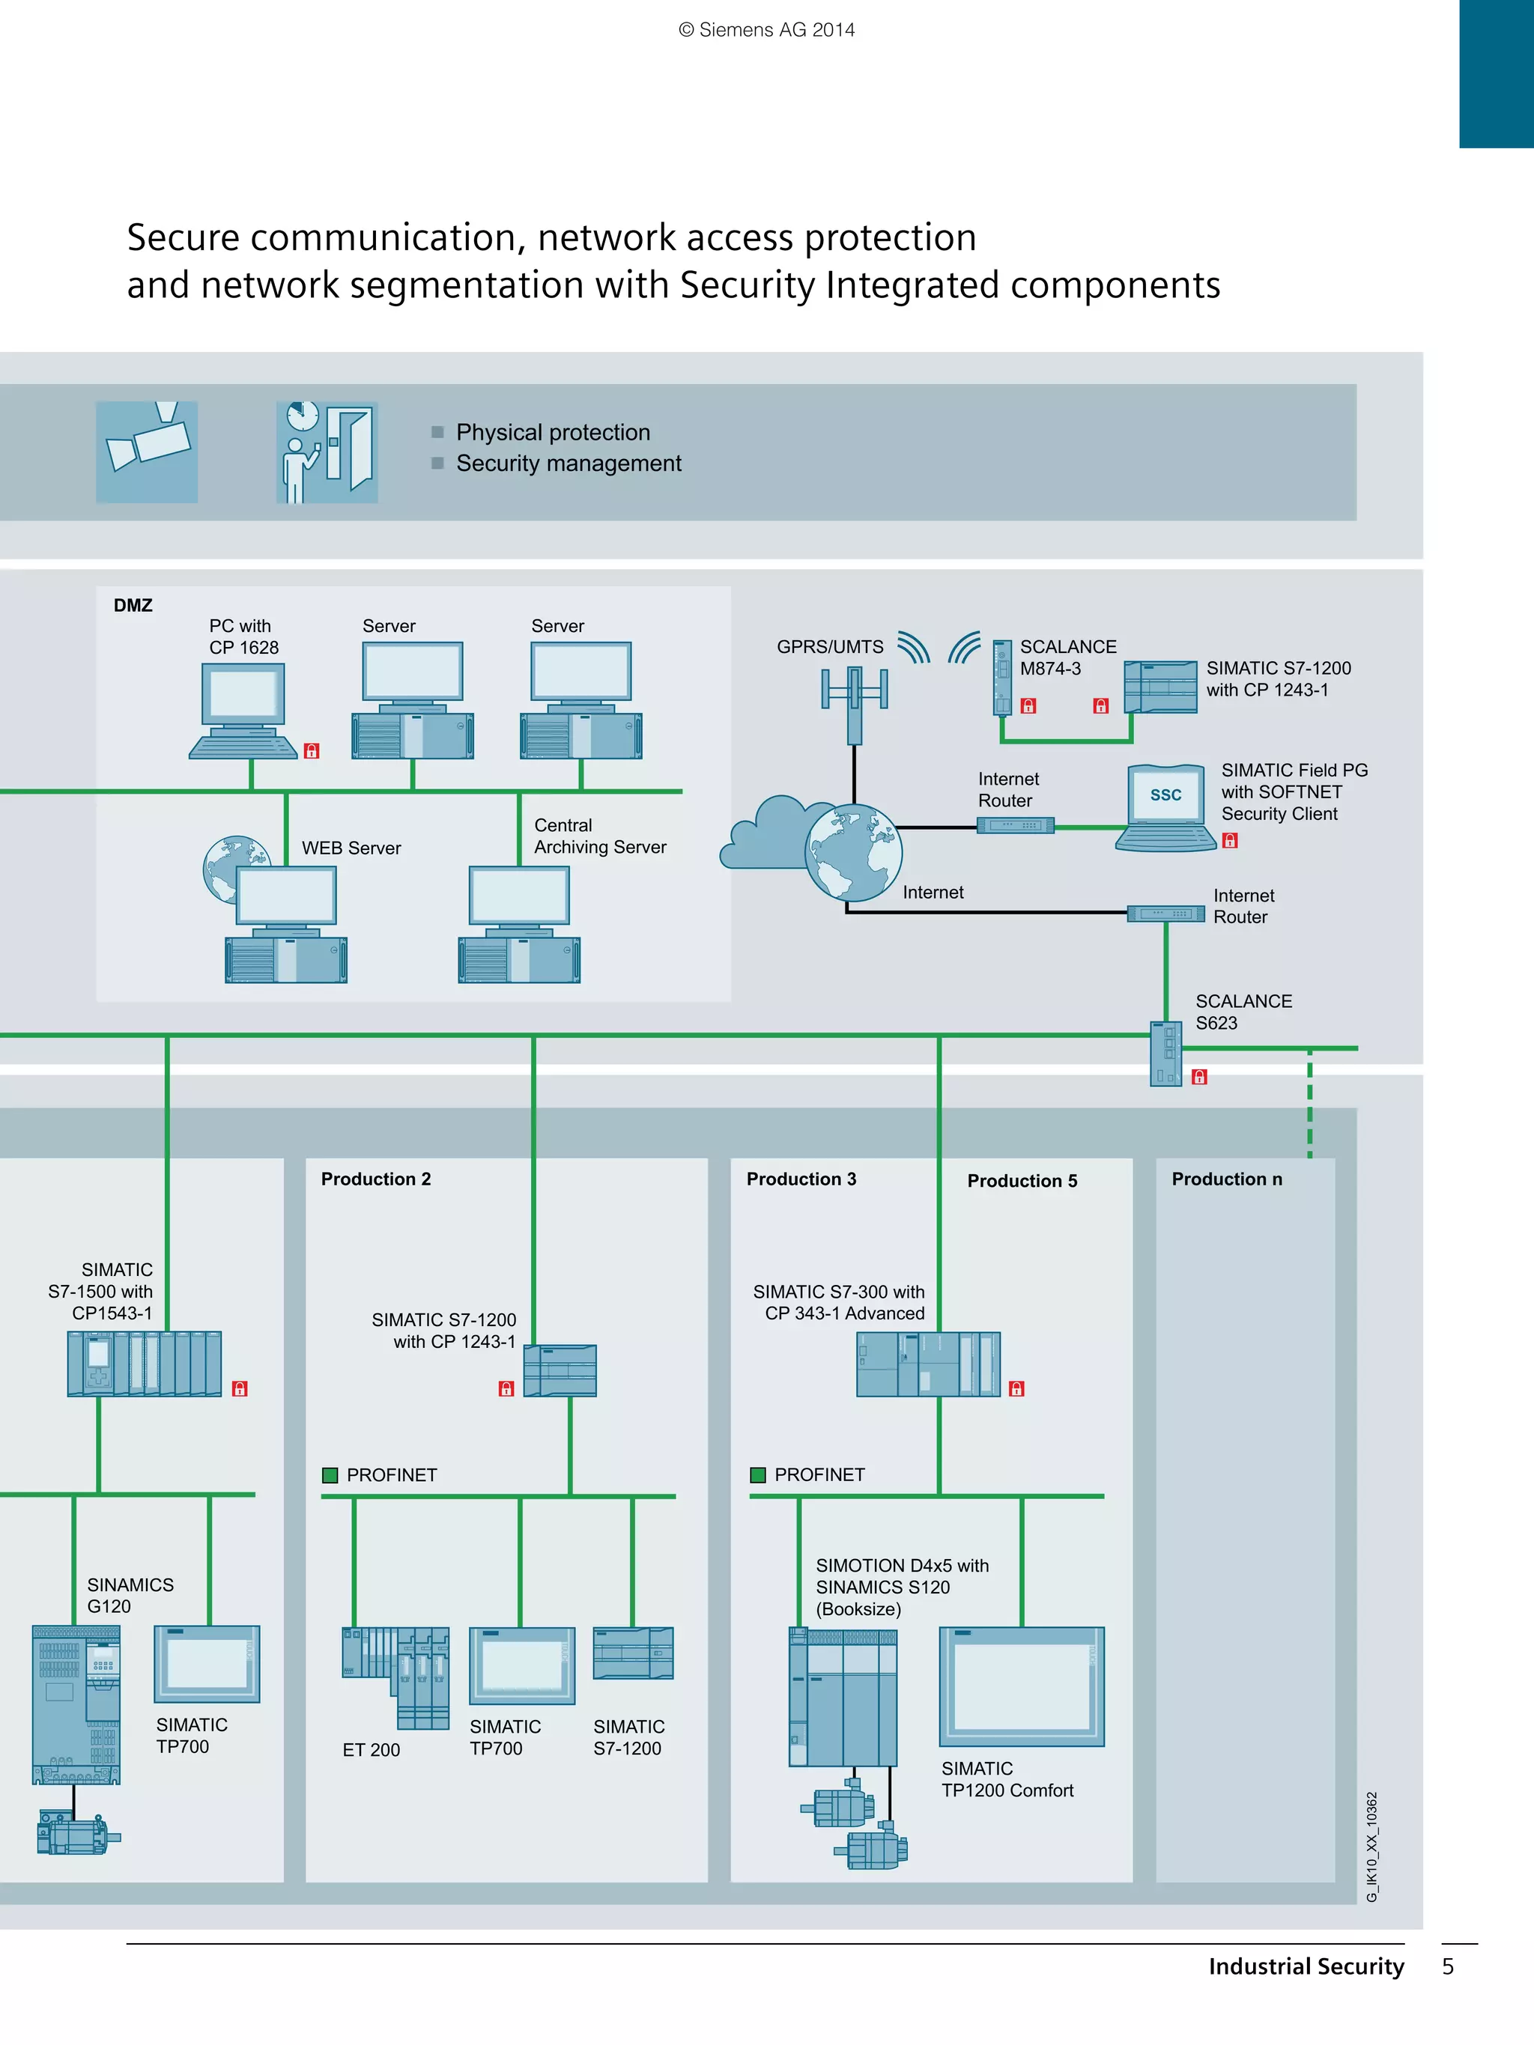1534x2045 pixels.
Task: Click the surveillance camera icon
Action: [147, 451]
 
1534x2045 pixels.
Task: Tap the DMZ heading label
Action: [133, 606]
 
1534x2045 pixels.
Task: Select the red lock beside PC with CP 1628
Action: [312, 751]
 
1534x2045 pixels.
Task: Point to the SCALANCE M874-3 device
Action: [1002, 678]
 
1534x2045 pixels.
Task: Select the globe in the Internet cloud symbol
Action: [852, 852]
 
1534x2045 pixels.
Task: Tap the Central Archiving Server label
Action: [599, 836]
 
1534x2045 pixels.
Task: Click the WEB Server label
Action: [351, 848]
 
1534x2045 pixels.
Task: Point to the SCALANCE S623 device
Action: [1166, 1053]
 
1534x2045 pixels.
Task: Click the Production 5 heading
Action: [1022, 1181]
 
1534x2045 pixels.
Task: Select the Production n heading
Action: [1226, 1179]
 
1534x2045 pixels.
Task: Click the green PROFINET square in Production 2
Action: [330, 1474]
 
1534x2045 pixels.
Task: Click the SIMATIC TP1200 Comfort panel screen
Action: [1022, 1686]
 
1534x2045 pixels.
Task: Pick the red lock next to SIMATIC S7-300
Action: [1016, 1388]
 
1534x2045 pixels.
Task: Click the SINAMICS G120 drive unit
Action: [76, 1704]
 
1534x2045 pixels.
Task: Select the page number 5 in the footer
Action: [1447, 1966]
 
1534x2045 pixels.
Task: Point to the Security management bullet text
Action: [568, 464]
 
